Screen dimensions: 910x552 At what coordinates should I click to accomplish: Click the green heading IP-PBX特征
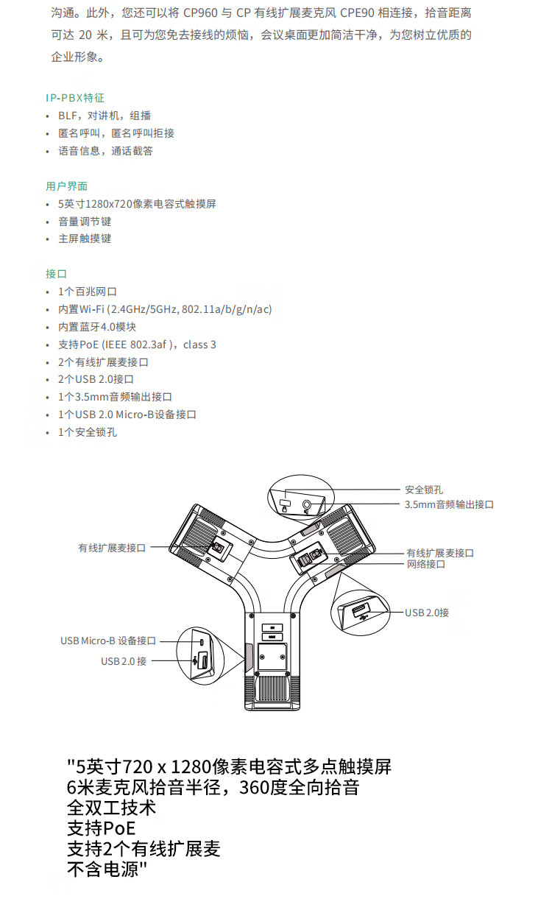pos(75,98)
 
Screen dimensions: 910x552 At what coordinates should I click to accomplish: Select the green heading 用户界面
pos(66,186)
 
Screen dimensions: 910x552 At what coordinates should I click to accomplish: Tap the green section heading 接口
pos(56,274)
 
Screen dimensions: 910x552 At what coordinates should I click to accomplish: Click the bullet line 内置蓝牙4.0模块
pos(97,327)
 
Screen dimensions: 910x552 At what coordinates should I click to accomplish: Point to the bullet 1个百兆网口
pos(88,292)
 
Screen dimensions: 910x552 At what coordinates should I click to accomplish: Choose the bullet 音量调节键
pos(85,222)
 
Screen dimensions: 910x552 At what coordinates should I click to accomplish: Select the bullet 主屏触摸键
pos(85,239)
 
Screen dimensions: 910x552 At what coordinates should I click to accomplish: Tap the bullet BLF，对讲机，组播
pos(105,116)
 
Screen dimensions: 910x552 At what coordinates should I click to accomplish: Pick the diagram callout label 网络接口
pos(426,564)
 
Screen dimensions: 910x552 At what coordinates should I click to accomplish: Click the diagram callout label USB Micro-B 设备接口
pos(108,641)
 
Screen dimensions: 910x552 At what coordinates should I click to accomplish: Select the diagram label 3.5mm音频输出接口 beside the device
pos(449,504)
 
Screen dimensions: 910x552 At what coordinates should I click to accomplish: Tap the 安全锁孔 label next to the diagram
pos(424,490)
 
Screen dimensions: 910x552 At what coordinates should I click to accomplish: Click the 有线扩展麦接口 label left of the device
pos(113,548)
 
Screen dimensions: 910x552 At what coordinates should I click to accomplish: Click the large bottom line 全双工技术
pos(112,808)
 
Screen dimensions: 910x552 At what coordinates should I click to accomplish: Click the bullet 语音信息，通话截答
pos(106,151)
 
